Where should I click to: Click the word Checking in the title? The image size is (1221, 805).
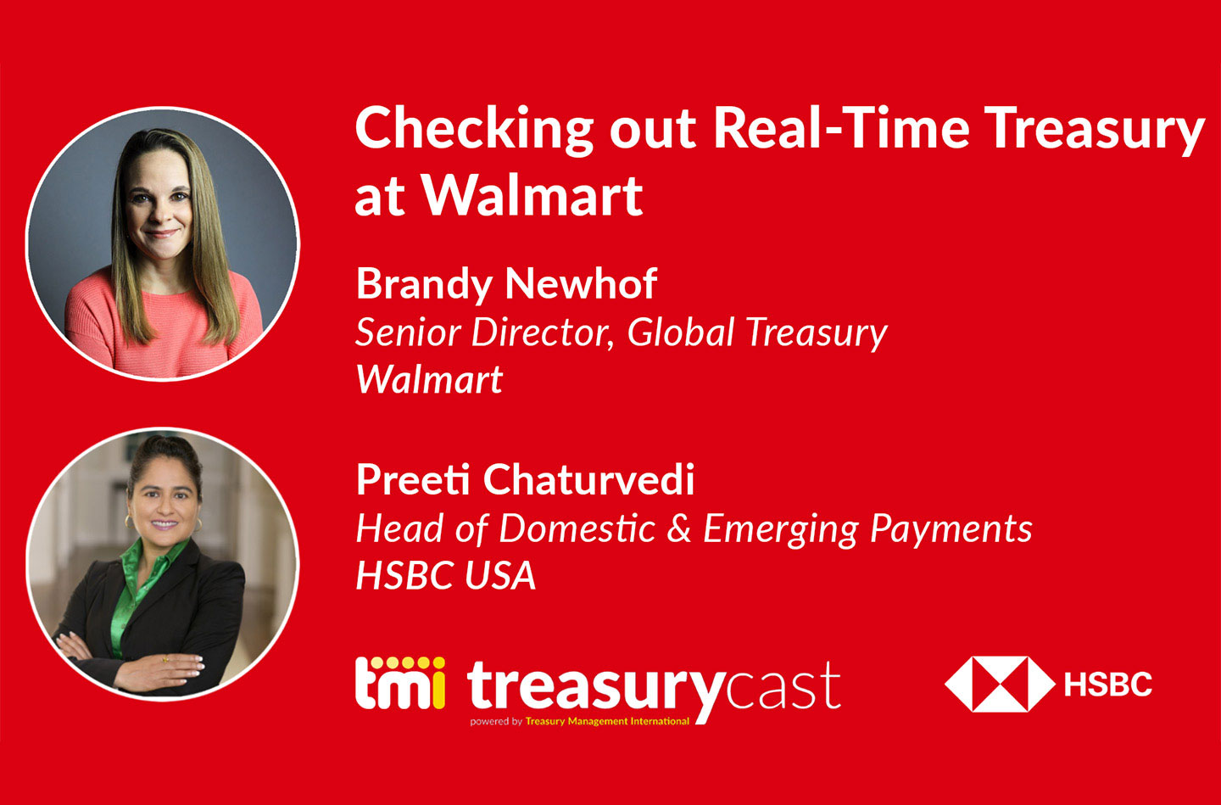(473, 131)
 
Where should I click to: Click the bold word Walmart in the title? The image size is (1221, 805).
(532, 197)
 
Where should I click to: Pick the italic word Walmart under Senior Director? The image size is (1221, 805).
(429, 380)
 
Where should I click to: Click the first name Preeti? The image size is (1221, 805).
(413, 480)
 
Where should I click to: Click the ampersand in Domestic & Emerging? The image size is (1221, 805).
(679, 528)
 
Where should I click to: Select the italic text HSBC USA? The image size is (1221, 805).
(446, 576)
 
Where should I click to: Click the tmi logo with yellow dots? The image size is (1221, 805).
(399, 684)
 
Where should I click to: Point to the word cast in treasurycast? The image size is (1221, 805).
(783, 687)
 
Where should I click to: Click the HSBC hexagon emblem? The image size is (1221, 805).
(999, 684)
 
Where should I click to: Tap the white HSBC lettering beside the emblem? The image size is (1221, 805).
(1108, 684)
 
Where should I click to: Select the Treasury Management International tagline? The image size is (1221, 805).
(606, 722)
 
